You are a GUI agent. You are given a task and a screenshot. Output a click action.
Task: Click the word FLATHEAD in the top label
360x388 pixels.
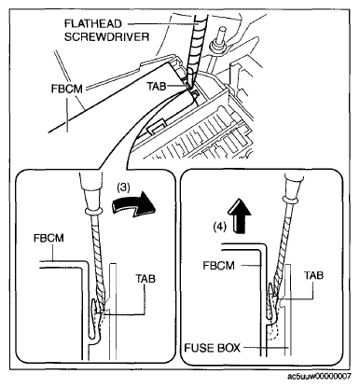pyautogui.click(x=93, y=24)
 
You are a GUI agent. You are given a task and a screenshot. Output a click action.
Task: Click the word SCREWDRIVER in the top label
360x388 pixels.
pyautogui.click(x=106, y=37)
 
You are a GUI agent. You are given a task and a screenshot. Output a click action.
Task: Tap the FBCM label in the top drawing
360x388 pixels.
pyautogui.click(x=67, y=90)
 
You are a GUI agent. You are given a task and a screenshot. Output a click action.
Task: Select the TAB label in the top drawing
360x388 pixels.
pyautogui.click(x=156, y=86)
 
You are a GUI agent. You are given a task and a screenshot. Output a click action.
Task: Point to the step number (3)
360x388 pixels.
pyautogui.click(x=123, y=187)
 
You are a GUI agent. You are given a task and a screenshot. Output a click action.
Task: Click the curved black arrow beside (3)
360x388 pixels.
pyautogui.click(x=133, y=205)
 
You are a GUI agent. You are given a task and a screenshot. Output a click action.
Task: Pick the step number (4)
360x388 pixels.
pyautogui.click(x=219, y=228)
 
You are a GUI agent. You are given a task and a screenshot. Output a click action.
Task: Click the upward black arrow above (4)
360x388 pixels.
pyautogui.click(x=239, y=215)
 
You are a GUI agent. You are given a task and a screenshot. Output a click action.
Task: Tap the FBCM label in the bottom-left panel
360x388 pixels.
pyautogui.click(x=48, y=238)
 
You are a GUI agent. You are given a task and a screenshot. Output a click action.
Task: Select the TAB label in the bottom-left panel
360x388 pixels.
pyautogui.click(x=145, y=279)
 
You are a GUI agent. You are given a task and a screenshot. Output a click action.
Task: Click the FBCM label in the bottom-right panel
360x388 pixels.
pyautogui.click(x=218, y=266)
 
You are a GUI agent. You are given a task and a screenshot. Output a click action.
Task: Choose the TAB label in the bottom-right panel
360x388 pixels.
pyautogui.click(x=313, y=275)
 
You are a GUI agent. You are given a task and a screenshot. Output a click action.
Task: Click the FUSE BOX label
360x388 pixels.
pyautogui.click(x=213, y=347)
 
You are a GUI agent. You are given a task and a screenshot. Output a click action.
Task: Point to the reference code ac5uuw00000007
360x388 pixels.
pyautogui.click(x=319, y=377)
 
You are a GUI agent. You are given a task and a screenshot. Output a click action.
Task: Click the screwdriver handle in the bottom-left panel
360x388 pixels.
pyautogui.click(x=90, y=191)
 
